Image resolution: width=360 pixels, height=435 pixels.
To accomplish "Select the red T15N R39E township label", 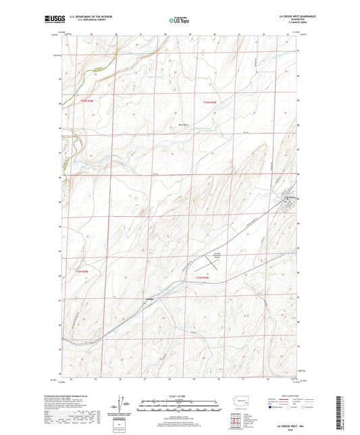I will click(204, 278).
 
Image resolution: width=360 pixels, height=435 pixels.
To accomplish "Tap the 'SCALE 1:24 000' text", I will click(179, 396).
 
